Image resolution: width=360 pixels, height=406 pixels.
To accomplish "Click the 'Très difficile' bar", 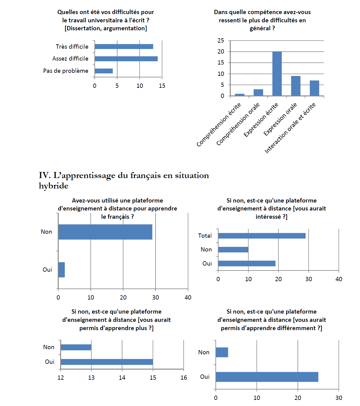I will [x=124, y=47].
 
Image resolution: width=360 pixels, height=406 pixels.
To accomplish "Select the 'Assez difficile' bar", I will [x=126, y=59].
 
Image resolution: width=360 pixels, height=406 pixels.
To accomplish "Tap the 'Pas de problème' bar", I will [x=104, y=71].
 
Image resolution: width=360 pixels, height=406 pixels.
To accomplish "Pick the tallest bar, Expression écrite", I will [x=277, y=74].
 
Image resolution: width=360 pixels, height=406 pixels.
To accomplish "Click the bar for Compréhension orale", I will [x=258, y=92].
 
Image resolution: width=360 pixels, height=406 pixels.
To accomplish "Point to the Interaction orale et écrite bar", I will [x=314, y=88].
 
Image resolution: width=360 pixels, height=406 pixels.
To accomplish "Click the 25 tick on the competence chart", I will [x=221, y=40].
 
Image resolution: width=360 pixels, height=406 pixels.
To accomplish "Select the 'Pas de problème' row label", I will [x=66, y=71].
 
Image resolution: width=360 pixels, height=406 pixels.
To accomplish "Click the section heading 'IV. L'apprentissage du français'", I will [x=124, y=176].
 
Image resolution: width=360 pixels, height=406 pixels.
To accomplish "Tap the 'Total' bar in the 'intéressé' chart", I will [x=262, y=236].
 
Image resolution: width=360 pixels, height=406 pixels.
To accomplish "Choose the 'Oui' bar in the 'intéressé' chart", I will [x=247, y=263].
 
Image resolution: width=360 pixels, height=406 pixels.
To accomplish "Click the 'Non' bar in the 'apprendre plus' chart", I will [x=76, y=347].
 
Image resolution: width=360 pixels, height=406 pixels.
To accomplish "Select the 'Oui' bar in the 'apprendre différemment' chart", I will [x=267, y=377].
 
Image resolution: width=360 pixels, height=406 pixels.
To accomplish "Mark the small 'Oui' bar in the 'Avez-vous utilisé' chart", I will [x=61, y=270].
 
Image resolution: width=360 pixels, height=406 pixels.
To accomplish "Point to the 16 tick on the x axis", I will [x=183, y=378].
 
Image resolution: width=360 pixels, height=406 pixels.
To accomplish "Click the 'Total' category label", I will [x=205, y=236].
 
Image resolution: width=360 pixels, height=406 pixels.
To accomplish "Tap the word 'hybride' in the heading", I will [x=53, y=186].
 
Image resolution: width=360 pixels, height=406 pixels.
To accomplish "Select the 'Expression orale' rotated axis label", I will [x=280, y=119].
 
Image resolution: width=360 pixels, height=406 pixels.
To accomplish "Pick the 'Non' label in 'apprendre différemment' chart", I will [x=204, y=352].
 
